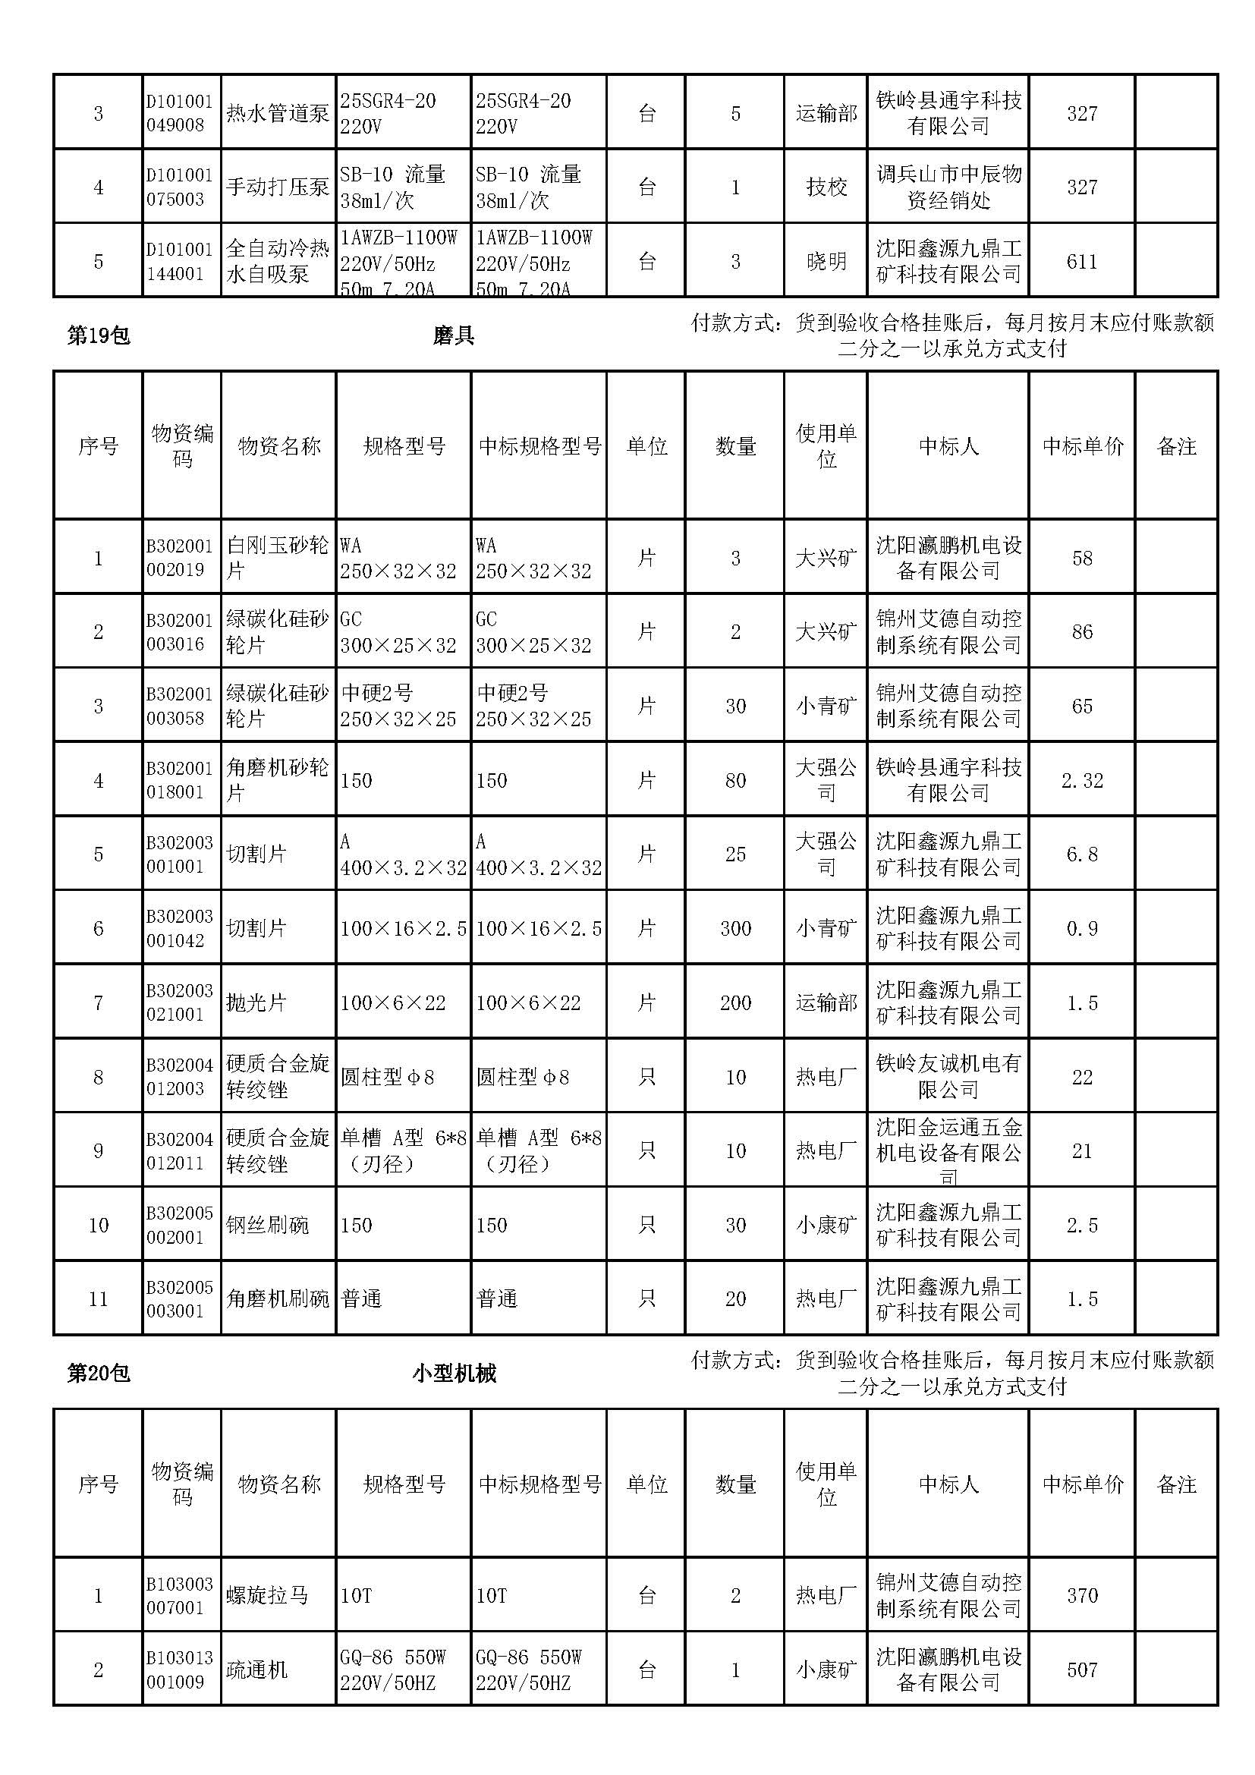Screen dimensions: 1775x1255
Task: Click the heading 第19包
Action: (98, 335)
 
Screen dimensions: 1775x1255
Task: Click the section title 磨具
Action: (454, 335)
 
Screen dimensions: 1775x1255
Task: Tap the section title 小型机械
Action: (454, 1373)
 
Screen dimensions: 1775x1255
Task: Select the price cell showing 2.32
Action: (1082, 781)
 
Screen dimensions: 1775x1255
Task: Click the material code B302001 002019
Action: (179, 559)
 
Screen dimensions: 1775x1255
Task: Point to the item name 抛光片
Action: (256, 1002)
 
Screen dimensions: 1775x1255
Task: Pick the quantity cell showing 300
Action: (735, 928)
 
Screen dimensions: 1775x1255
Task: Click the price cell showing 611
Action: (1082, 262)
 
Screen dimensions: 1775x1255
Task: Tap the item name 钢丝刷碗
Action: (267, 1226)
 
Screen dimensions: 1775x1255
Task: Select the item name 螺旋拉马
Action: (267, 1595)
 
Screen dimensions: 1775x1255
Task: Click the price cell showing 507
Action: (1082, 1670)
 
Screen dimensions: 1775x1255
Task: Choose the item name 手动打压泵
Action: (278, 187)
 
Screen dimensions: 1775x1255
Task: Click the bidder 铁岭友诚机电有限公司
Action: (948, 1077)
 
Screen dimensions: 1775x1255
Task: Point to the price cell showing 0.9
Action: (1082, 928)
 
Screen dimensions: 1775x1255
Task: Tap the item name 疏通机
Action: (256, 1670)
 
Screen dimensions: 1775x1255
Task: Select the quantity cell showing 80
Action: (735, 781)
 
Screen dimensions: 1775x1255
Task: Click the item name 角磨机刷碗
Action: (278, 1298)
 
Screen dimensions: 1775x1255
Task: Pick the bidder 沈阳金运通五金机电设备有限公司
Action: (948, 1151)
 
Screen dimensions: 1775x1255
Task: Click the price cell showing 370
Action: (1082, 1595)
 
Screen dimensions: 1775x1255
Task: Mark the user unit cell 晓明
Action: (826, 262)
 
